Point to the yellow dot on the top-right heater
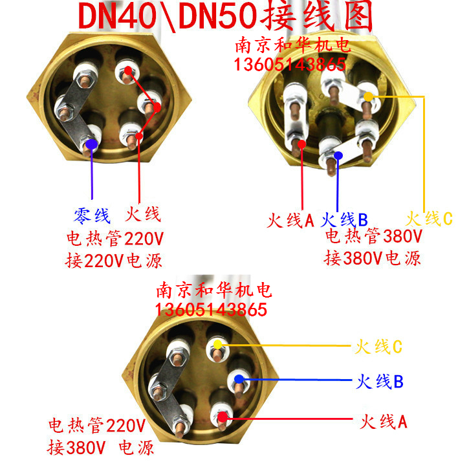tap(368, 97)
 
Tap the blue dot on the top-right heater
tap(338, 154)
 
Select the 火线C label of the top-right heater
tap(429, 219)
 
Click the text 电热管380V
tap(373, 236)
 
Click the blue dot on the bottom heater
tap(239, 379)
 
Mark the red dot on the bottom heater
tap(223, 418)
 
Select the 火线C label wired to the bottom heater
tap(378, 347)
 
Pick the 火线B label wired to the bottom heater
tap(380, 382)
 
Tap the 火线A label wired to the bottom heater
tap(384, 423)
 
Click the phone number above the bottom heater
tap(210, 309)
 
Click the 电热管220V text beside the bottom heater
tap(97, 426)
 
